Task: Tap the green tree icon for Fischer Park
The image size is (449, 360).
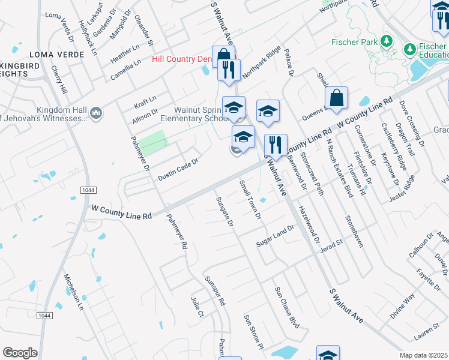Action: pyautogui.click(x=387, y=42)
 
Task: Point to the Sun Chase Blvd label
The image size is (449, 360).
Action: pyautogui.click(x=286, y=307)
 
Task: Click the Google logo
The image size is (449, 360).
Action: pyautogui.click(x=20, y=353)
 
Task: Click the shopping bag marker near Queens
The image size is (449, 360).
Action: pyautogui.click(x=336, y=98)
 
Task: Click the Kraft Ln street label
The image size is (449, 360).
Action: pyautogui.click(x=145, y=100)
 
